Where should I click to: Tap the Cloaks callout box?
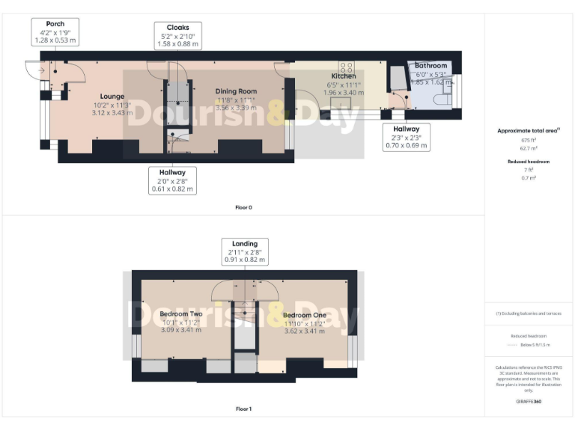coord(177,36)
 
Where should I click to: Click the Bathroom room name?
coord(431,66)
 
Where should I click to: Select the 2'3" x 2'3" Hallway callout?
coord(407,138)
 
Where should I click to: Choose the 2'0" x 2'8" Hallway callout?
coord(171,180)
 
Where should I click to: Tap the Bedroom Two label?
coord(181,314)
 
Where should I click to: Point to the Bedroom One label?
coord(305,316)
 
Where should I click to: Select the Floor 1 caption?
coord(243,409)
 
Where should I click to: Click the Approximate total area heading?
coord(528,130)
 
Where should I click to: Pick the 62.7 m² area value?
coord(529,149)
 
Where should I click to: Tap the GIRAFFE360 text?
coord(529,403)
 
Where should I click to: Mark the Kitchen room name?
coord(343,76)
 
